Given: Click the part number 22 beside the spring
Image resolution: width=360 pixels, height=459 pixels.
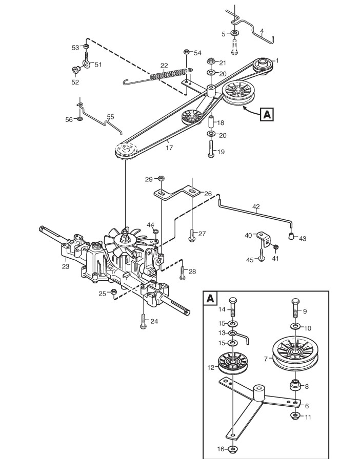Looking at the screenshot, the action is tap(164, 65).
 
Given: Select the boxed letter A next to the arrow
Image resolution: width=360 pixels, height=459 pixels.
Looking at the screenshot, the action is tap(267, 114).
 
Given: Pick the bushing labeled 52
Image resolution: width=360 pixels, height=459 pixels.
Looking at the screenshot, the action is tap(76, 70).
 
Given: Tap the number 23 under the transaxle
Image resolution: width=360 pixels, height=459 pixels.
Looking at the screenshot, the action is tap(65, 266).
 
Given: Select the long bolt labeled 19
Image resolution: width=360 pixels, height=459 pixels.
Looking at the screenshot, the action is tap(211, 149).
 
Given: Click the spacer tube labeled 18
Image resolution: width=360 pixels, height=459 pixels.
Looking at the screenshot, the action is tap(211, 122).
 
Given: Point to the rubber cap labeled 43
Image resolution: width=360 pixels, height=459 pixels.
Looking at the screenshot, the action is tap(291, 236).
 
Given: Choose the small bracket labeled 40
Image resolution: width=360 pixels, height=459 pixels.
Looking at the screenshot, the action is tap(263, 239).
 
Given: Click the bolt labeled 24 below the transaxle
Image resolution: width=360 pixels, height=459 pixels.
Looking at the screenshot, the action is tap(143, 321).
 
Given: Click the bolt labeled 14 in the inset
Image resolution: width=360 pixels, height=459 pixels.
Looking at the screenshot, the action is tap(232, 307).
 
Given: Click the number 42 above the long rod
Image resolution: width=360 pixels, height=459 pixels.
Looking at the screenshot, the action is tap(256, 206).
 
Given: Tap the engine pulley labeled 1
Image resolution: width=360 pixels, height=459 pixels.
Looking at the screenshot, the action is tap(263, 66).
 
